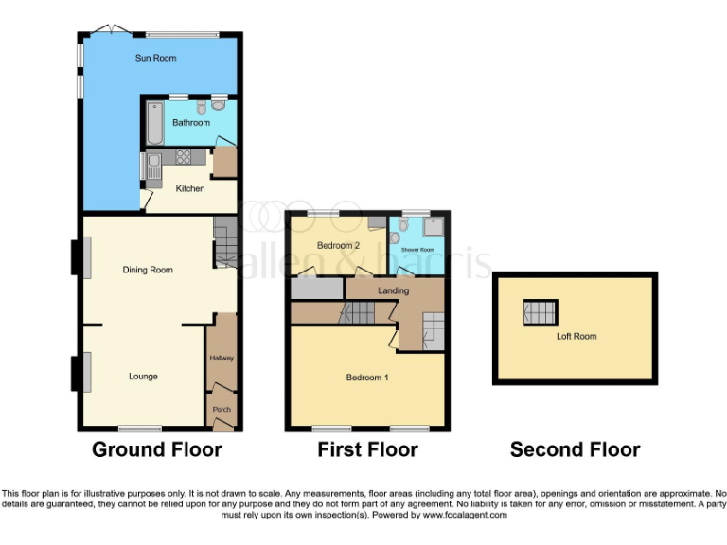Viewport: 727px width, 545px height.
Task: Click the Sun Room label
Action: (x=156, y=58)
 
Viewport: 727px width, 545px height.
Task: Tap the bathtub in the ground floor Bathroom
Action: (x=155, y=123)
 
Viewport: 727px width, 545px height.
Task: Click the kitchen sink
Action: (x=153, y=168)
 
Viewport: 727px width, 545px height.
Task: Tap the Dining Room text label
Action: (x=148, y=270)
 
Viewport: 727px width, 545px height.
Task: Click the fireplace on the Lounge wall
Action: (x=81, y=372)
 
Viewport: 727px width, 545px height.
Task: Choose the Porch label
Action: (x=222, y=410)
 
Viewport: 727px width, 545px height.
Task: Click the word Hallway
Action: (x=222, y=358)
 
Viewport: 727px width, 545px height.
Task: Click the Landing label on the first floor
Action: (x=392, y=290)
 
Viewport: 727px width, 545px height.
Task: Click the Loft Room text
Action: (x=576, y=336)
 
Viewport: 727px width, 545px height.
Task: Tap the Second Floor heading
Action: (x=575, y=450)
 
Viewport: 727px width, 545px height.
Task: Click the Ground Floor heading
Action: (x=156, y=449)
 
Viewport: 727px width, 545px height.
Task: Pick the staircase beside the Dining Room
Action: (x=224, y=242)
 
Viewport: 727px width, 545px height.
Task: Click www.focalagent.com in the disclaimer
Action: (x=465, y=515)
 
